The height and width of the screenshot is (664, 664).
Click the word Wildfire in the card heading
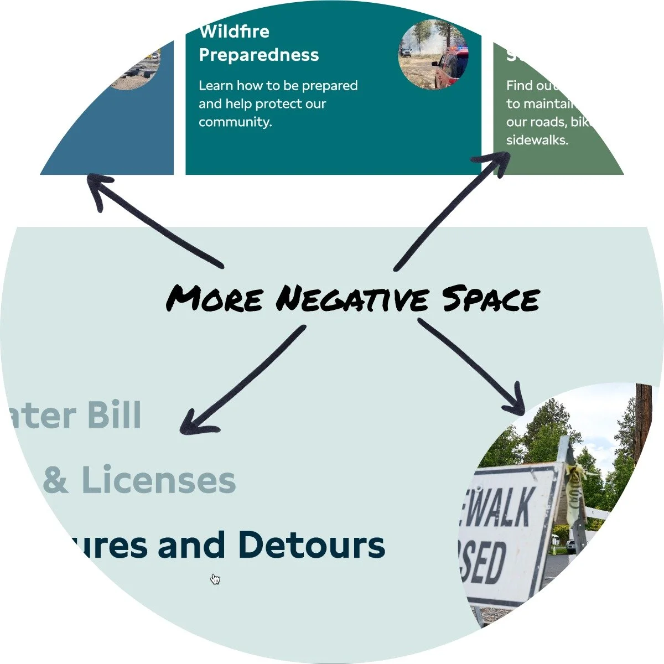tap(234, 32)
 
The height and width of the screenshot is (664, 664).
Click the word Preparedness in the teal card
tap(258, 55)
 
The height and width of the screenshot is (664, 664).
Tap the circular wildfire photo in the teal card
tap(433, 55)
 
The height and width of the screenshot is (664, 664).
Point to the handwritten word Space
tap(490, 299)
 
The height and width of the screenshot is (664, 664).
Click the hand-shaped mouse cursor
tap(215, 579)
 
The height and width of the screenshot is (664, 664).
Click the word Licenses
tap(158, 480)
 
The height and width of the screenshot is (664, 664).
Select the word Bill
tap(115, 415)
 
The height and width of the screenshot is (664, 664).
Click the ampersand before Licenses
tap(55, 480)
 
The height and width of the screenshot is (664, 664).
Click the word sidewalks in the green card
tap(537, 140)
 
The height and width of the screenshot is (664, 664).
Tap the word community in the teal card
tap(235, 122)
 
